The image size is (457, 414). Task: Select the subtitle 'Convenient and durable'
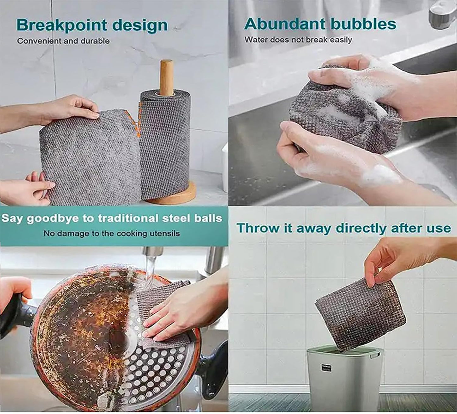[x=63, y=41]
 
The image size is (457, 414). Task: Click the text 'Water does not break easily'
[x=298, y=40]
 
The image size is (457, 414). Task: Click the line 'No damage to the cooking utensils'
[x=111, y=234]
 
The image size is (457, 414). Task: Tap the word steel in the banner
[x=176, y=219]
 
